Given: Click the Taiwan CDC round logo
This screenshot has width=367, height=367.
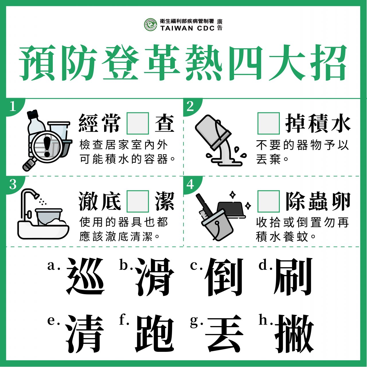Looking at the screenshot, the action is coord(151,25).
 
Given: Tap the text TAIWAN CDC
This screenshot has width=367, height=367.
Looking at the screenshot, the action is coord(188,28).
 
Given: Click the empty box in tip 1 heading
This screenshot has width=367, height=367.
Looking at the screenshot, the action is coord(138,123).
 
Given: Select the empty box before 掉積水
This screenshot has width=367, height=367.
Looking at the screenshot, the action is coord(269,123).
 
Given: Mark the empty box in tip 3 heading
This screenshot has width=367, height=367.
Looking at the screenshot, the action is coord(138,201).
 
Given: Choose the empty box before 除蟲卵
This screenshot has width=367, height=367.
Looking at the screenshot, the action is coord(269,201).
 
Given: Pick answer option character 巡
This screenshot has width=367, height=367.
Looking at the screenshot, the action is coord(85,276).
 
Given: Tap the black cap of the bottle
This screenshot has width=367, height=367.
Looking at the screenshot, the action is coord(33,114).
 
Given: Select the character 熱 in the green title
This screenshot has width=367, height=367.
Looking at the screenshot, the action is coord(204,62).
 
